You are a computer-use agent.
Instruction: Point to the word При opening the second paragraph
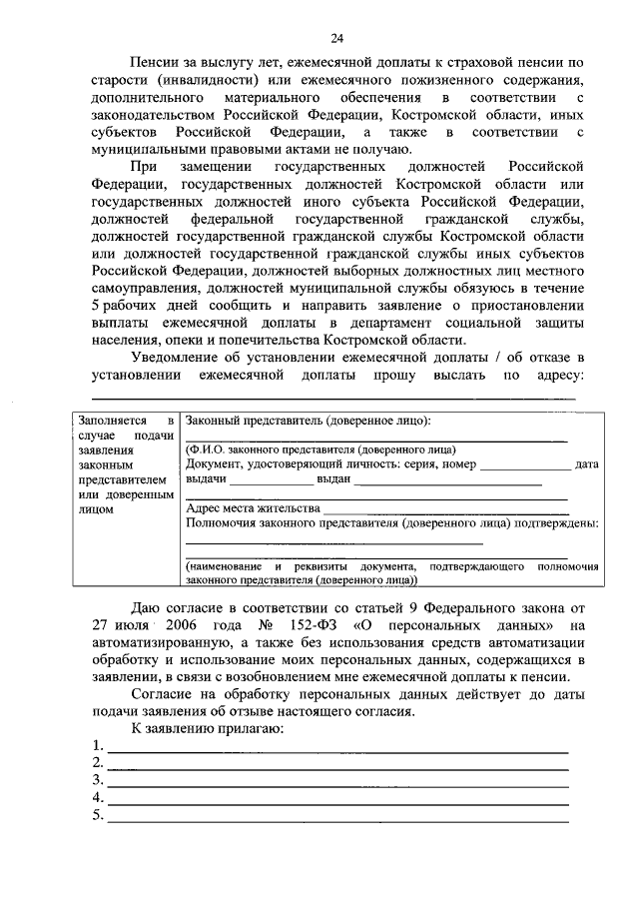click(x=146, y=167)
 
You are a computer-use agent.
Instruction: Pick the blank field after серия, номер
click(x=525, y=464)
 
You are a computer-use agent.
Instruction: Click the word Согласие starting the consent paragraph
click(x=164, y=695)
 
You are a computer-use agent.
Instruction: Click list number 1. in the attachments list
click(x=97, y=746)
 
